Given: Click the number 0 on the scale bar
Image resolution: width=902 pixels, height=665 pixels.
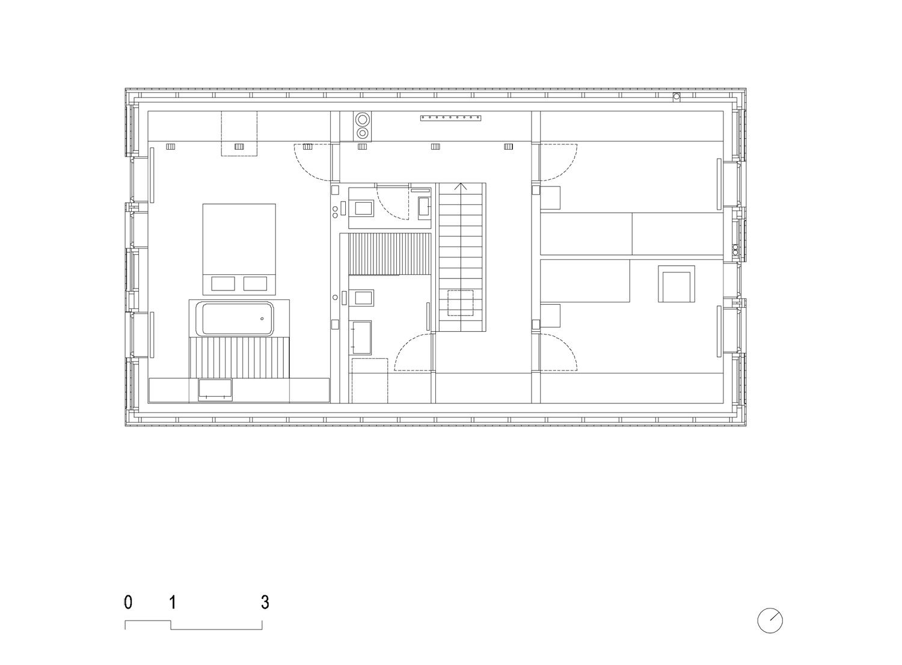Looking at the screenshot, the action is coord(128,602).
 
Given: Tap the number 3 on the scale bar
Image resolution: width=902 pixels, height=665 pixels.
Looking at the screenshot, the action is coord(265,602).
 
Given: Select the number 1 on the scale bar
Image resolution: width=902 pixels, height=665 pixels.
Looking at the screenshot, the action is coord(173,602).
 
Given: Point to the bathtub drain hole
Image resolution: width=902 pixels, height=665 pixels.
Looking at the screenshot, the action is coord(262,319).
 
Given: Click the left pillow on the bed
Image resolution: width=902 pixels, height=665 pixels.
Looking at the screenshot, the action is coord(223,283).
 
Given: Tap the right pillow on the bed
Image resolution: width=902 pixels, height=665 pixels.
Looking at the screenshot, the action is coord(255,283).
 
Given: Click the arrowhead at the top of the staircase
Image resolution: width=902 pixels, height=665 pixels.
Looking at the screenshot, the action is coord(461,186).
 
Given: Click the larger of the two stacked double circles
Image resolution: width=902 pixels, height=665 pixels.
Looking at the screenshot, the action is coord(363,120).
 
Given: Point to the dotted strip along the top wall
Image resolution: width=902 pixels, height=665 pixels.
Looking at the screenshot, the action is coord(450,118).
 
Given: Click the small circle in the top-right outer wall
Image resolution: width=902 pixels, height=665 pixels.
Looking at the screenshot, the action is coord(677,96).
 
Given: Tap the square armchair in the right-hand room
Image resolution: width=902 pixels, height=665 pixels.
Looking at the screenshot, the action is coord(677,283).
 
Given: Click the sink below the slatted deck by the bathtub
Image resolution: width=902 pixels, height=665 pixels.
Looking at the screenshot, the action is coord(215,390).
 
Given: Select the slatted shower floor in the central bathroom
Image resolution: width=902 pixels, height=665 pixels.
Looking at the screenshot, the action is coord(390,254).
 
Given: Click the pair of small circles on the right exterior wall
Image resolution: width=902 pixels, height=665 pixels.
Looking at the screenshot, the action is coord(735,250).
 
